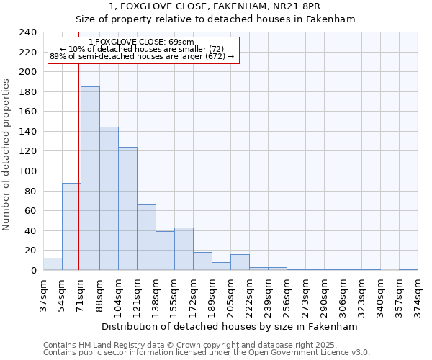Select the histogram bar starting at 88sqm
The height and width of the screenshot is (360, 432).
pyautogui.click(x=109, y=199)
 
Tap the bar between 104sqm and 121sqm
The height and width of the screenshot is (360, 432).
pyautogui.click(x=127, y=209)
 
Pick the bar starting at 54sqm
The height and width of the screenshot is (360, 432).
pyautogui.click(x=71, y=227)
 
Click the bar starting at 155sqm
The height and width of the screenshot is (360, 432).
pyautogui.click(x=184, y=249)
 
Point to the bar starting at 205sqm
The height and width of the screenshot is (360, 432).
pyautogui.click(x=240, y=262)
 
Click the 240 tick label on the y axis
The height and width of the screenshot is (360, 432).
pyautogui.click(x=29, y=32)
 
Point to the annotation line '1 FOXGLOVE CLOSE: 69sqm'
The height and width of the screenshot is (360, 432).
pyautogui.click(x=142, y=42)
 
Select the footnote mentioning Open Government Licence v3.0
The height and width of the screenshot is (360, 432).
pyautogui.click(x=207, y=353)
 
